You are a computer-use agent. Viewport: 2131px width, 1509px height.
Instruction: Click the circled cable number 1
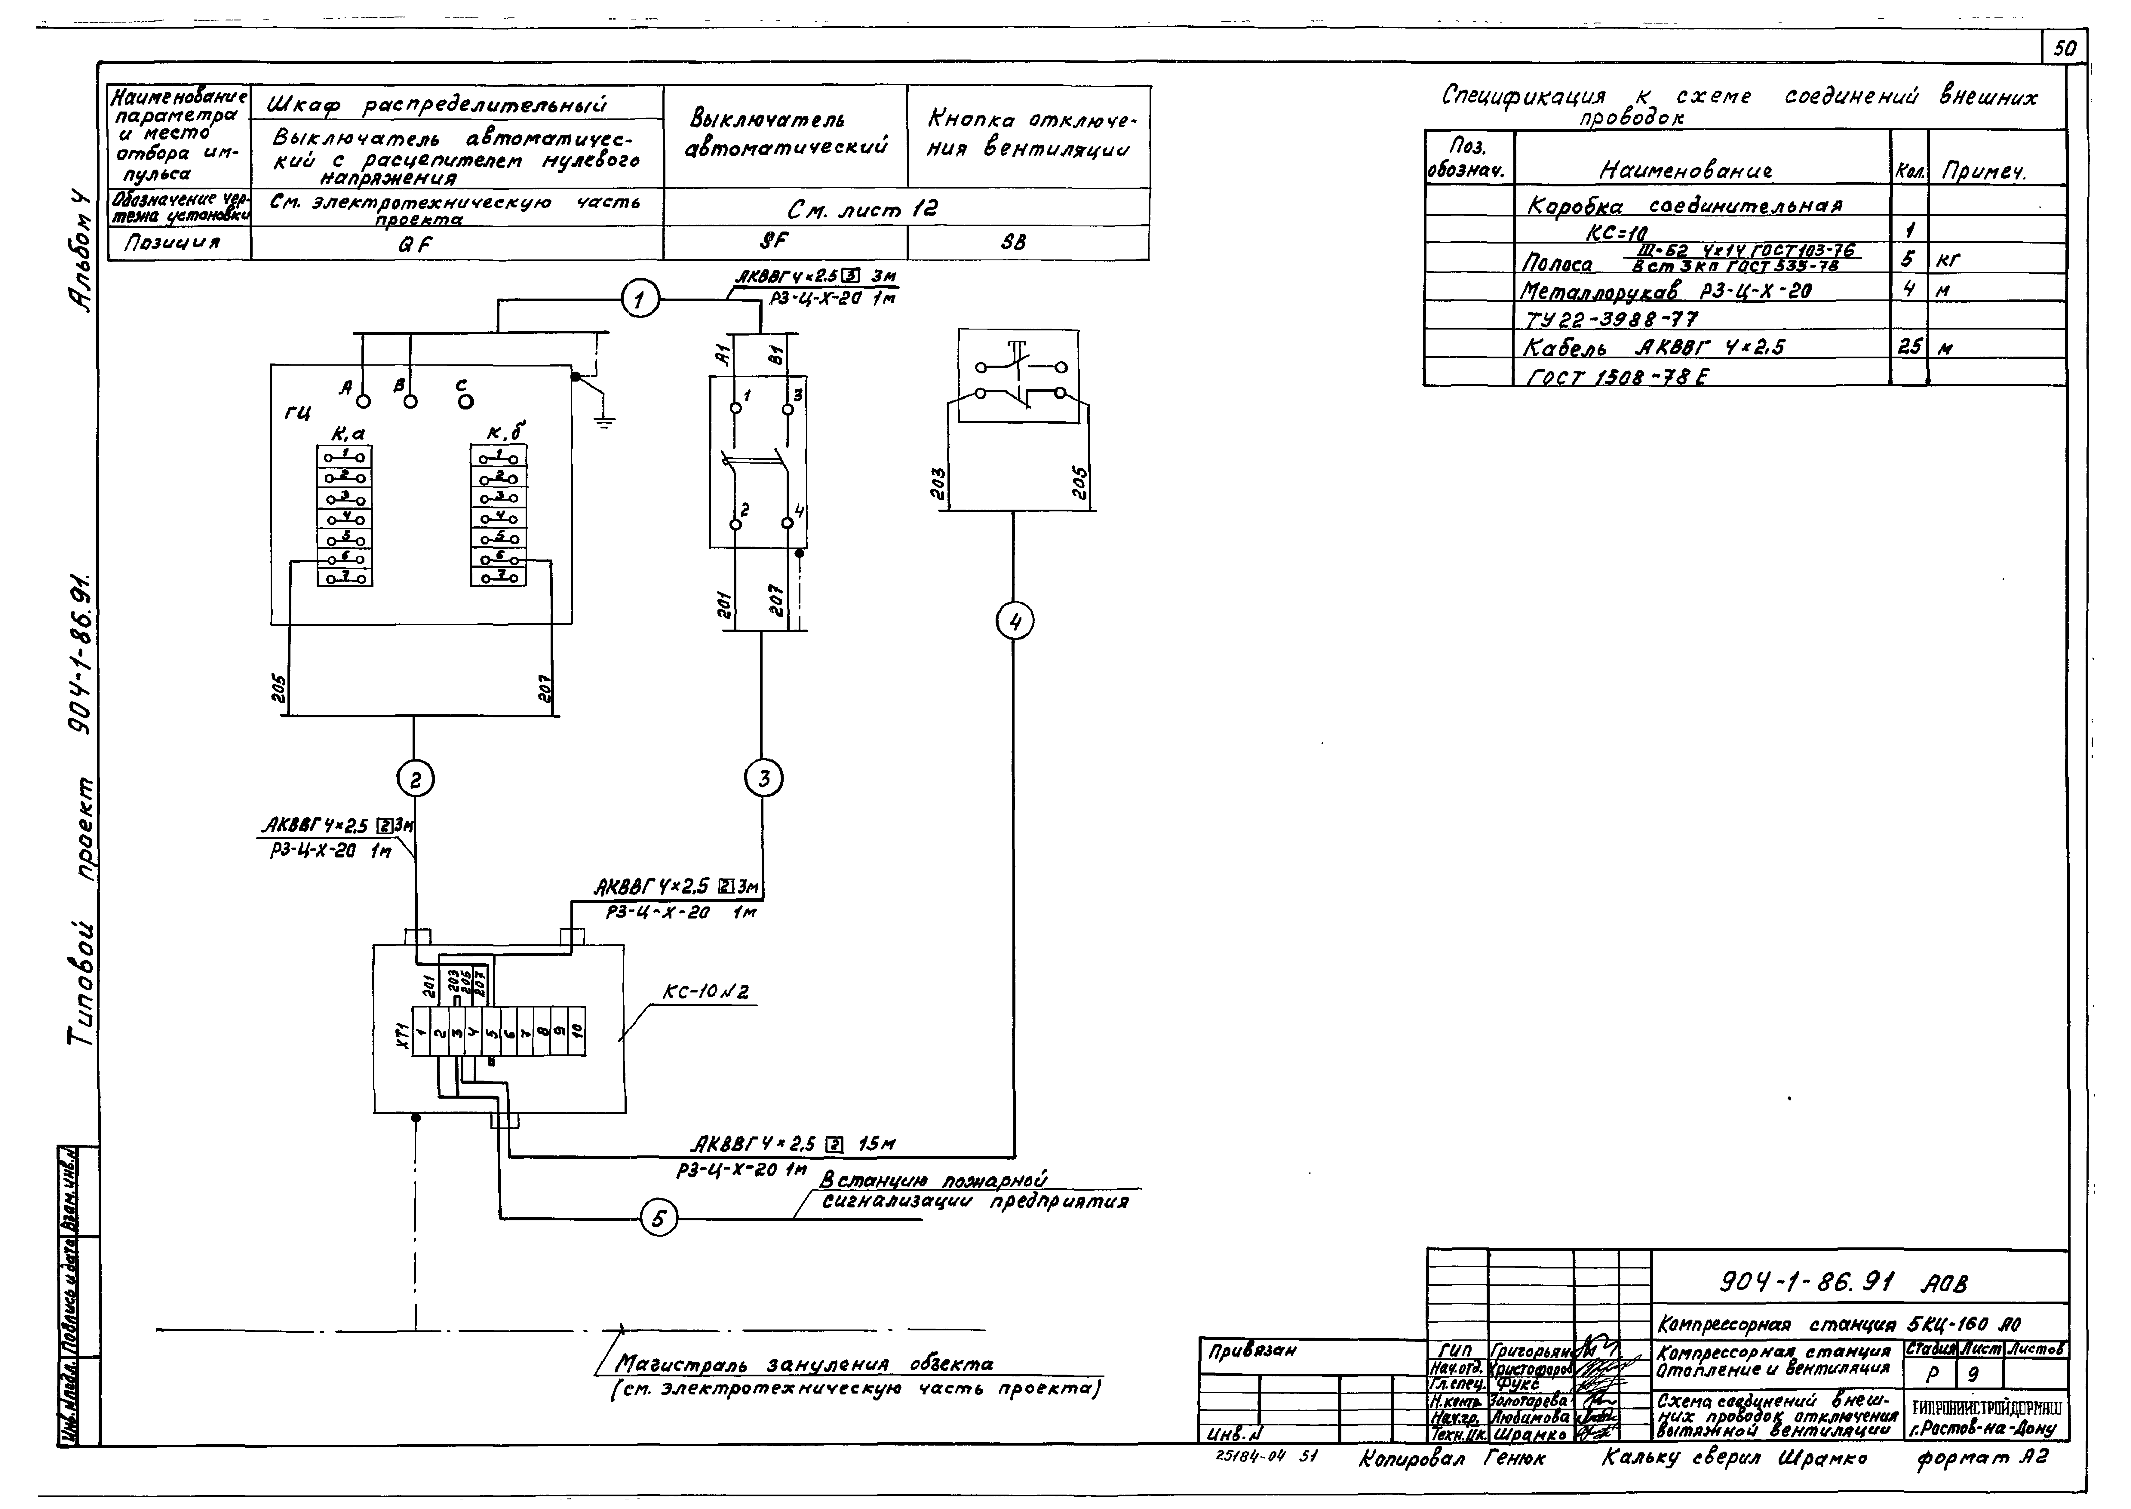(x=639, y=300)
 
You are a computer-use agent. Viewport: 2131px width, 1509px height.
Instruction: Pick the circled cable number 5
(x=659, y=1219)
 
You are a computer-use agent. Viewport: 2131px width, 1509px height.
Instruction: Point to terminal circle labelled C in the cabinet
(x=465, y=401)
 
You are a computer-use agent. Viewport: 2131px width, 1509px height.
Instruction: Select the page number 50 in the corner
(x=2065, y=48)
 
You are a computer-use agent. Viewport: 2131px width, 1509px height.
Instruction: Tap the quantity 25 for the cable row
(x=1909, y=348)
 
